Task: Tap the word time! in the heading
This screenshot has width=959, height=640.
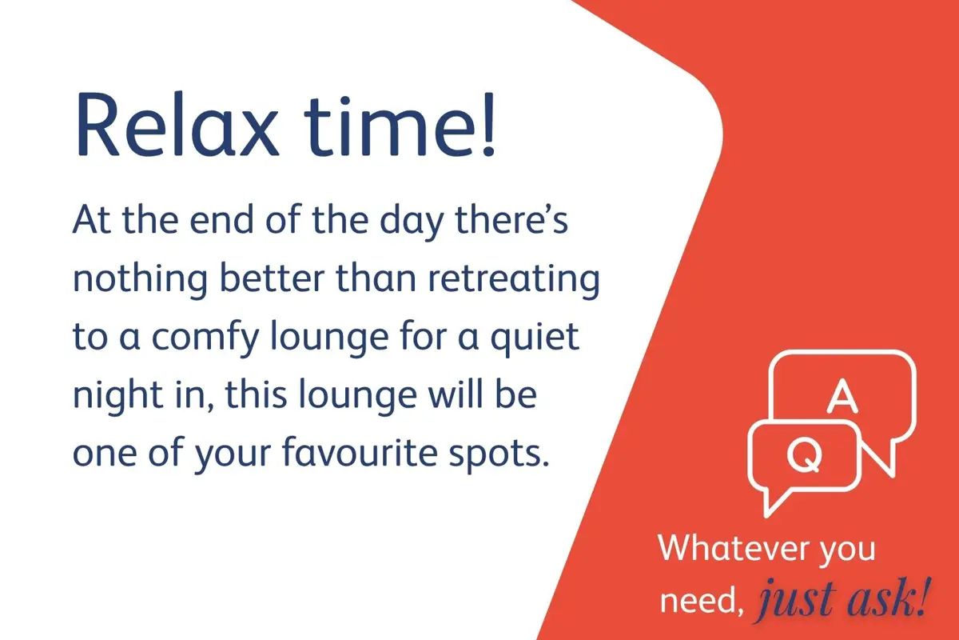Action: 400,123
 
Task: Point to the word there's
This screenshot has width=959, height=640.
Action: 511,218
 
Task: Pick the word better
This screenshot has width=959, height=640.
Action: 272,278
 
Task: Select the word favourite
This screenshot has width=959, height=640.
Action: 360,452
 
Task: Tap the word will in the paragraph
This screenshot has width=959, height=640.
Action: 456,394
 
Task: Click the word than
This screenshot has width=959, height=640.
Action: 376,278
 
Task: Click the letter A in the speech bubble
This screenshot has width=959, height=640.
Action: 842,396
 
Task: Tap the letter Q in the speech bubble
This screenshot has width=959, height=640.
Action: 805,455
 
